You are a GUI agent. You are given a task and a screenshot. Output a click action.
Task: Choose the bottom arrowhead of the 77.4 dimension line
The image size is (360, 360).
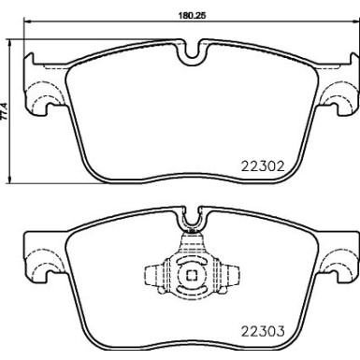(9, 180)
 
